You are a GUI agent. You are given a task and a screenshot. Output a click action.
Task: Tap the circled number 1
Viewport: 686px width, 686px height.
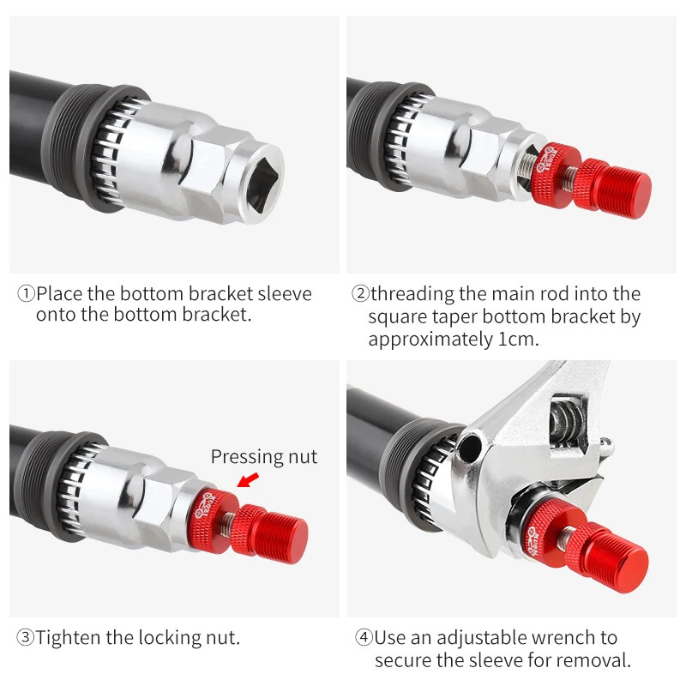tap(26, 293)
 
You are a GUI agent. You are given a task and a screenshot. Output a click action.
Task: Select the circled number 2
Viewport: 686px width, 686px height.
tap(360, 293)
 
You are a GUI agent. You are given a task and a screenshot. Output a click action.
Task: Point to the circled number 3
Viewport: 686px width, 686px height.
tap(25, 637)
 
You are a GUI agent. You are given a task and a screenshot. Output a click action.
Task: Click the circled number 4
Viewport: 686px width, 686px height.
tap(364, 637)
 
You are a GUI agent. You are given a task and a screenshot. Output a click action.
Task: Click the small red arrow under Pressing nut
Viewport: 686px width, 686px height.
tap(248, 479)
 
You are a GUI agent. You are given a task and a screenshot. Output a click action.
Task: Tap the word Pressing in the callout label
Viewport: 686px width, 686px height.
tap(246, 457)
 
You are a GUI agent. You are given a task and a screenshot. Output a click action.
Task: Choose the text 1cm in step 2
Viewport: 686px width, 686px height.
tap(519, 339)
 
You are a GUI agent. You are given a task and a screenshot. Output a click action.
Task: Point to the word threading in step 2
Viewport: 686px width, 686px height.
tap(412, 294)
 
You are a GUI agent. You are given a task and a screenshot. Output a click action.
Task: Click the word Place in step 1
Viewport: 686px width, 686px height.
tap(60, 293)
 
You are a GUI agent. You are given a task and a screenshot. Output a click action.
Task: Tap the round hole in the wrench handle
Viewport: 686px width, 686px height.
tap(470, 447)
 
